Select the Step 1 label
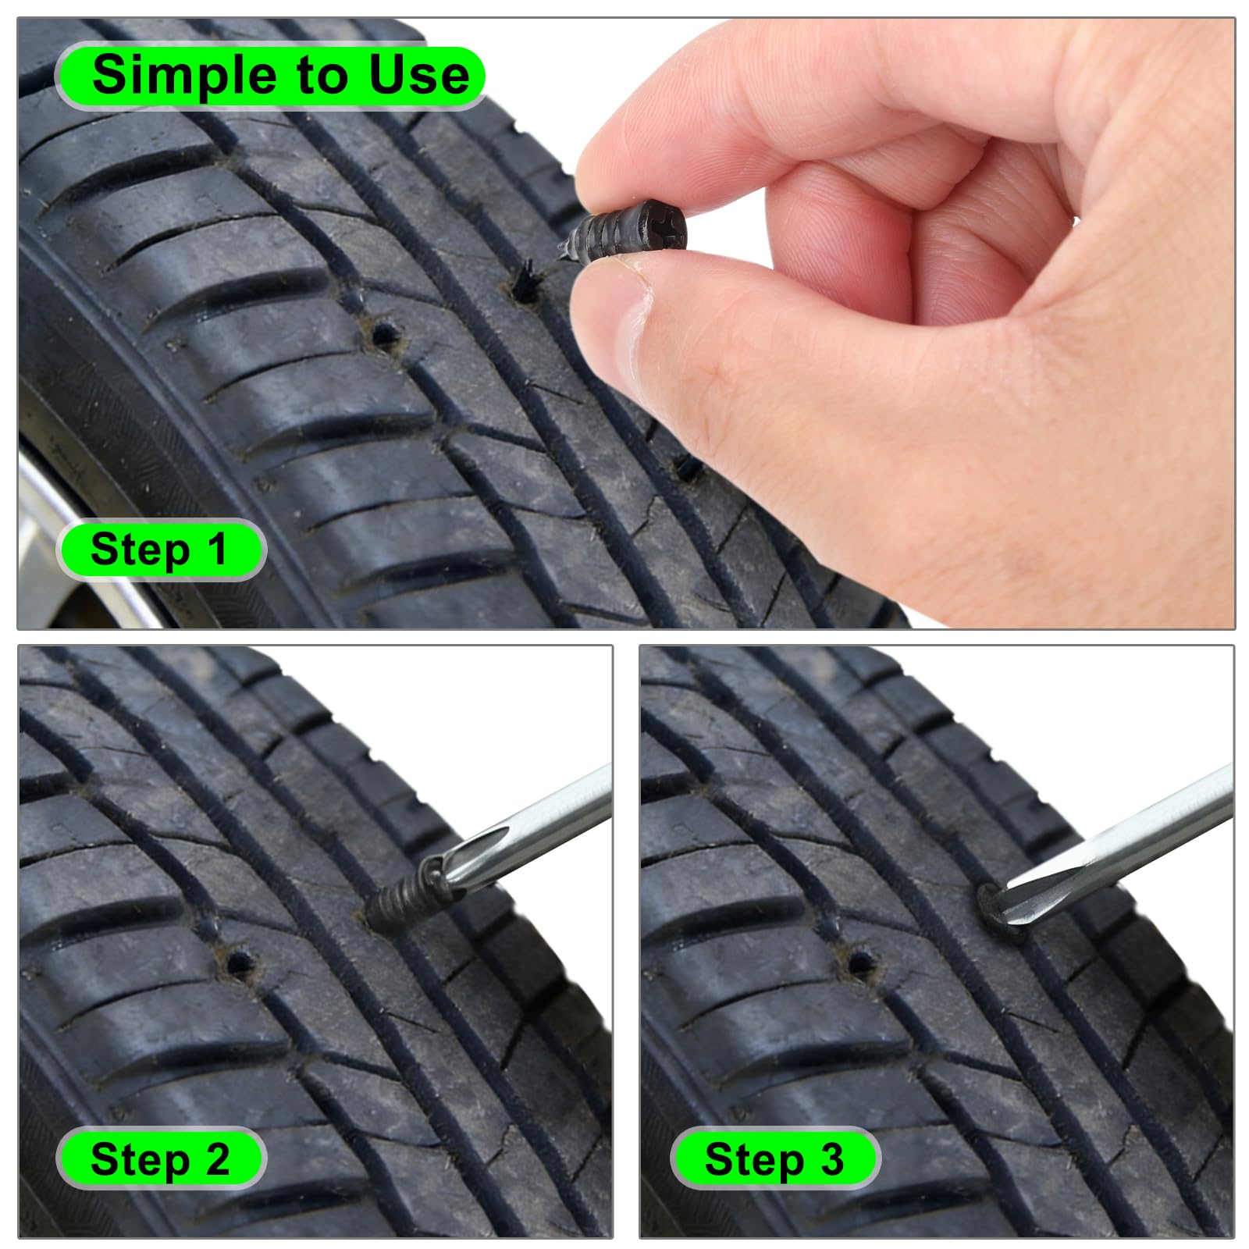coord(159,549)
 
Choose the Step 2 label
coord(160,1158)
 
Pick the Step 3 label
coord(774,1158)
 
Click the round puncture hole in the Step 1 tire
coord(383,334)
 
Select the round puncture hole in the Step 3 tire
coord(860,961)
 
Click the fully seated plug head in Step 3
coord(990,906)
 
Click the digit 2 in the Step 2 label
coord(218,1158)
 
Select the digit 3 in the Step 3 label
coord(832,1158)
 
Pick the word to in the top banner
coord(322,77)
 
